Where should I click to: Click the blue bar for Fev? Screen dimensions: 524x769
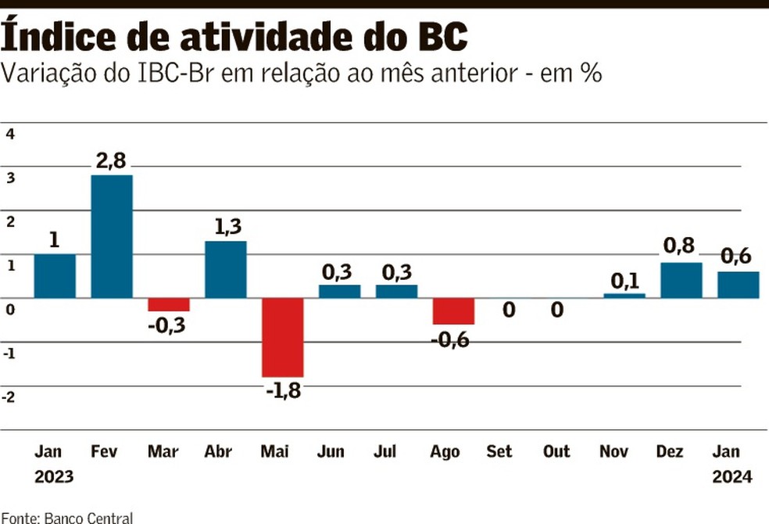point(112,236)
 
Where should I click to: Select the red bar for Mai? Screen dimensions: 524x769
point(282,337)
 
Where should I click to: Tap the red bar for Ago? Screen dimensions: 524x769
point(453,311)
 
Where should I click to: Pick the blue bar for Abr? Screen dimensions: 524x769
point(225,269)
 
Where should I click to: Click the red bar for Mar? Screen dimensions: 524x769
point(169,305)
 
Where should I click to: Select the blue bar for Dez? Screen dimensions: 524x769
point(681,280)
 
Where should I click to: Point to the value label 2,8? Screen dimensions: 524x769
point(111,162)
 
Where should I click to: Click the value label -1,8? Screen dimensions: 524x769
point(282,390)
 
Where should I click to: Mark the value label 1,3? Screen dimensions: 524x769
point(226,227)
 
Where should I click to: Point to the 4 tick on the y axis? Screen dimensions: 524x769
point(10,134)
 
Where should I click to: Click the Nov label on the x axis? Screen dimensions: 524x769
point(614,452)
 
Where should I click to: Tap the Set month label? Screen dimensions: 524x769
point(499,452)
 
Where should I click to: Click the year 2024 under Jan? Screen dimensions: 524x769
point(732,476)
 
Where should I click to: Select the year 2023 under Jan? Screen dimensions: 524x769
point(54,476)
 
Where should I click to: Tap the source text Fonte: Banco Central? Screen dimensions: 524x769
point(67,517)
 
